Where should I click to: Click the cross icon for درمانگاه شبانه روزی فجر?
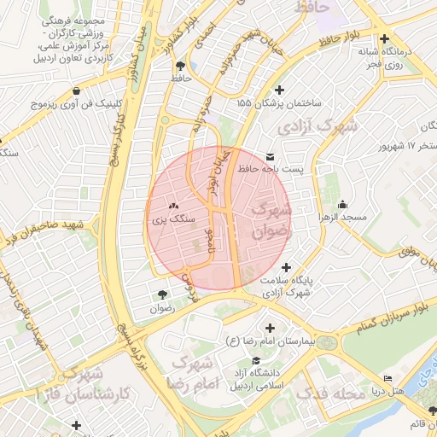pyautogui.click(x=385, y=39)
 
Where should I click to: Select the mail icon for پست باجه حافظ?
pyautogui.click(x=271, y=156)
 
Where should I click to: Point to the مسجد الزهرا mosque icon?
pyautogui.click(x=342, y=204)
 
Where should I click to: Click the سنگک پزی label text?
pyautogui.click(x=174, y=219)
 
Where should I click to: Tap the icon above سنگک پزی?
pyautogui.click(x=174, y=206)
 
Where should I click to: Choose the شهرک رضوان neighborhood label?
pyautogui.click(x=271, y=219)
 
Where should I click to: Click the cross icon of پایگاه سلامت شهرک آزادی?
pyautogui.click(x=285, y=267)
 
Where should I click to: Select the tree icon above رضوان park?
pyautogui.click(x=162, y=294)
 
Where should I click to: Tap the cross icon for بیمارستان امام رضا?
pyautogui.click(x=271, y=328)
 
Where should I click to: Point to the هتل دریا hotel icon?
pyautogui.click(x=388, y=378)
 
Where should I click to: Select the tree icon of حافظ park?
pyautogui.click(x=179, y=65)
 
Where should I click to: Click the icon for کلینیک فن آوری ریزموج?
pyautogui.click(x=77, y=90)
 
